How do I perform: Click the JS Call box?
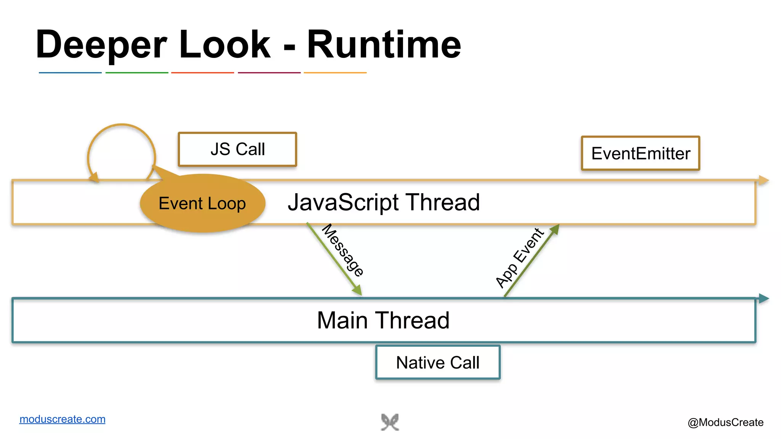tap(237, 149)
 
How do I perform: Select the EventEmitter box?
tap(640, 153)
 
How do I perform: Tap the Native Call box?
tap(437, 362)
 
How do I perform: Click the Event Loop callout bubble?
tap(202, 203)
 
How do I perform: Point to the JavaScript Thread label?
tap(384, 202)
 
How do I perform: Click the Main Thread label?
tap(383, 320)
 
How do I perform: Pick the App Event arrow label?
tap(519, 258)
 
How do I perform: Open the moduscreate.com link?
tap(62, 419)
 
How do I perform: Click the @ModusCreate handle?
tap(725, 422)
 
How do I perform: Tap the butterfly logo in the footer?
tap(390, 422)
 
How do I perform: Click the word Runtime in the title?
tap(384, 45)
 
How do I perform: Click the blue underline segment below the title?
tap(70, 72)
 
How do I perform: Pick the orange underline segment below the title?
tap(335, 72)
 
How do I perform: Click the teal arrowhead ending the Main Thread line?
tap(763, 298)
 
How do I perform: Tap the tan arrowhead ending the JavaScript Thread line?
tap(763, 180)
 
